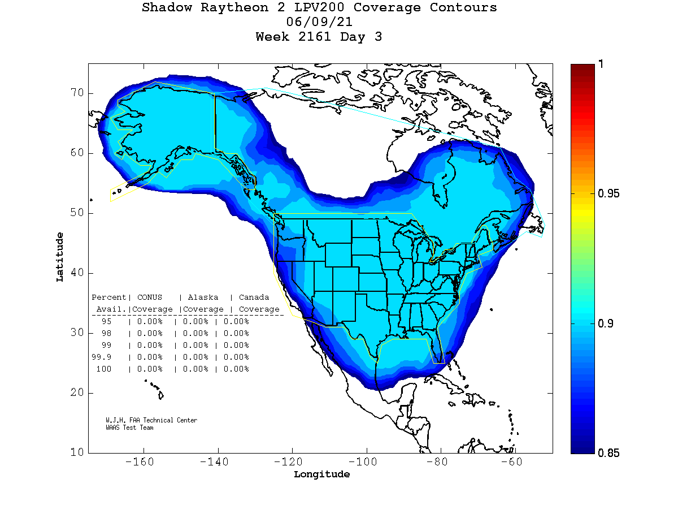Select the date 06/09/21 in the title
(x=320, y=23)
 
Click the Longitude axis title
(x=321, y=475)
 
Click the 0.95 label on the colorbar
(x=609, y=194)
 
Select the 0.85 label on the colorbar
(x=609, y=453)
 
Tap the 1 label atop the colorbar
(x=601, y=64)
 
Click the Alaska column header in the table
(x=203, y=297)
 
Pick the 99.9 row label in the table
(x=102, y=357)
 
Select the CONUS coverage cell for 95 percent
(x=149, y=321)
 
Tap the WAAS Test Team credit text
(x=129, y=428)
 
